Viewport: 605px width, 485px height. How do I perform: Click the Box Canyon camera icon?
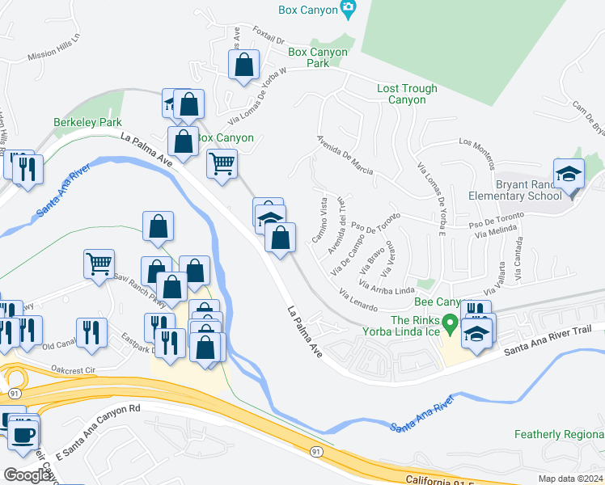[x=349, y=10]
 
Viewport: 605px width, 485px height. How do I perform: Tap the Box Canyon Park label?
[x=318, y=57]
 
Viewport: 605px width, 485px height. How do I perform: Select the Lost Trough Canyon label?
[x=407, y=95]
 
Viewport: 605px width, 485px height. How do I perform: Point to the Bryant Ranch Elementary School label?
[x=514, y=190]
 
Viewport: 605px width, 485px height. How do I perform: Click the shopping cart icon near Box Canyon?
[x=221, y=163]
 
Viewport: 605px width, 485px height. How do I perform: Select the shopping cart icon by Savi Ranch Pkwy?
[x=98, y=263]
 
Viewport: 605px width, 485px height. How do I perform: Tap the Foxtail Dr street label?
[x=269, y=39]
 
